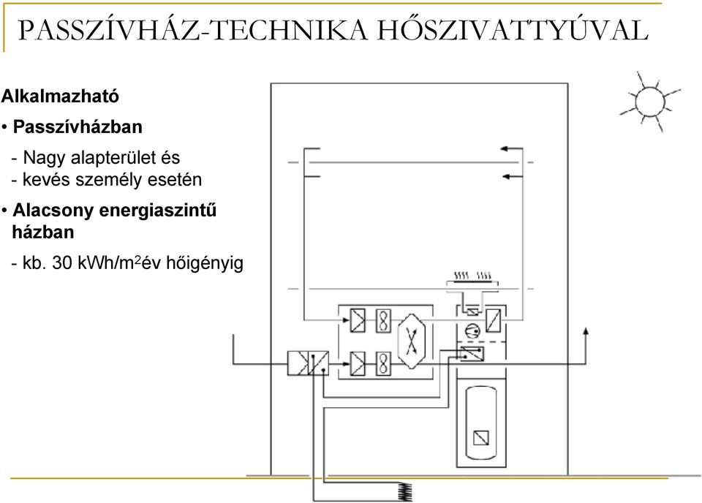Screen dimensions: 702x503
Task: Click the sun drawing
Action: (649, 101)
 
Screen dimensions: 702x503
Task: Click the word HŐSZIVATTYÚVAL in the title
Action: (512, 31)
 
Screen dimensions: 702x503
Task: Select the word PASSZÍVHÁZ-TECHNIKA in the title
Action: (192, 31)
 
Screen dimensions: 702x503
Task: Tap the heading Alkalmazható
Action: (60, 97)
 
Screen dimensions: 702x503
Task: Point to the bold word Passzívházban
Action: (78, 127)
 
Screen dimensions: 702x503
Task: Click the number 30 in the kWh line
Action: (61, 262)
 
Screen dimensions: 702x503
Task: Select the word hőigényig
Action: (205, 263)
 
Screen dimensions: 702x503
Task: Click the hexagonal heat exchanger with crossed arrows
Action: (412, 341)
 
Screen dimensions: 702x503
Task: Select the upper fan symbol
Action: (383, 320)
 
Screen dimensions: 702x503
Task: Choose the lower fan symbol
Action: (383, 363)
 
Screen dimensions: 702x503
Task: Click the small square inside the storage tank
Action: (481, 437)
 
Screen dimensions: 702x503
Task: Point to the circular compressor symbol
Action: (472, 331)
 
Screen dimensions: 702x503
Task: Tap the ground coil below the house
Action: (405, 492)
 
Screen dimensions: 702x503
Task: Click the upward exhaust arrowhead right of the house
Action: (586, 330)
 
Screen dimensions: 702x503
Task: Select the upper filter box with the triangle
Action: (358, 320)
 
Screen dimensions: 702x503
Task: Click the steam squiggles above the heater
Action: (473, 275)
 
